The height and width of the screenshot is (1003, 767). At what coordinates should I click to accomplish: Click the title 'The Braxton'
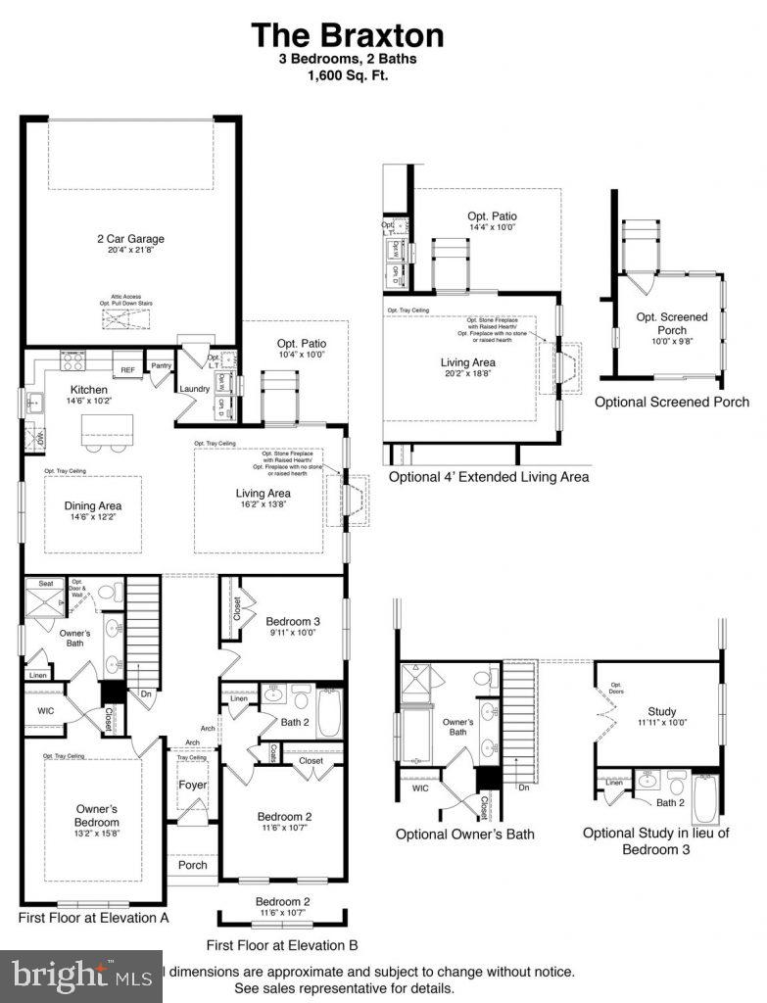point(348,35)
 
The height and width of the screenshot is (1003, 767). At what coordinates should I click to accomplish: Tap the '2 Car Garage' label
point(129,238)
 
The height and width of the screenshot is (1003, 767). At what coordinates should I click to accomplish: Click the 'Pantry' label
point(161,366)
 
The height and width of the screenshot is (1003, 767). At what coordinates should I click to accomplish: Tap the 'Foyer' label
point(191,785)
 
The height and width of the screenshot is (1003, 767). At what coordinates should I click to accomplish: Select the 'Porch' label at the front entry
point(192,865)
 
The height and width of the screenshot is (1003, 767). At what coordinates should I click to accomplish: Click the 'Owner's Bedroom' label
point(97,815)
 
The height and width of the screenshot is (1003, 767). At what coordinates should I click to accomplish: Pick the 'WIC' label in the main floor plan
point(46,711)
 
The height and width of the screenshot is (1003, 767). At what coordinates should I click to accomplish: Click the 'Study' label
point(662,711)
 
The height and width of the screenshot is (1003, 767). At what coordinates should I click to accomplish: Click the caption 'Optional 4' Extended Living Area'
point(489,477)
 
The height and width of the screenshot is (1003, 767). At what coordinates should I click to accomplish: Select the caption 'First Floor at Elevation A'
point(94,919)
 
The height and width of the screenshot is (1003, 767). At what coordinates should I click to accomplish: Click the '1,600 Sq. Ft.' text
point(348,74)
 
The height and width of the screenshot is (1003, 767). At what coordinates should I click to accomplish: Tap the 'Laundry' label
point(191,389)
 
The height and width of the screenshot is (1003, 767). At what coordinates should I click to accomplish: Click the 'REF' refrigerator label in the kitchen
point(127,370)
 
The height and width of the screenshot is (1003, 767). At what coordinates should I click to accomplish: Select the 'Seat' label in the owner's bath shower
point(45,584)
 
